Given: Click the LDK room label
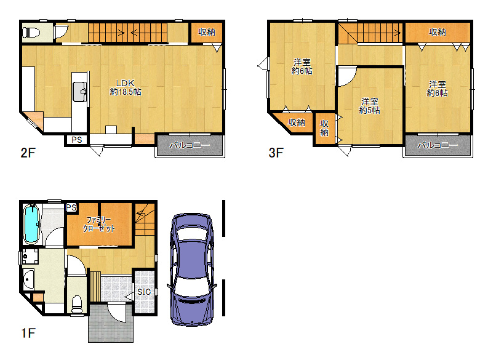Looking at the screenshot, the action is (x=126, y=87).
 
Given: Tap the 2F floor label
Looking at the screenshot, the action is (x=28, y=153).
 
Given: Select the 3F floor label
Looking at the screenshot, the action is (x=276, y=153).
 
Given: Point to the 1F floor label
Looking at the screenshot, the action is (x=28, y=333).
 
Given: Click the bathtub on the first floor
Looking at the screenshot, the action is (x=31, y=224).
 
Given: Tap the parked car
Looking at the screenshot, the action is (x=191, y=270).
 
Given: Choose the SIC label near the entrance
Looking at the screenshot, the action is (x=144, y=292).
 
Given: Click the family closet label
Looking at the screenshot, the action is (x=99, y=224).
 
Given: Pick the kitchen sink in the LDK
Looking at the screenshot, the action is (x=80, y=91).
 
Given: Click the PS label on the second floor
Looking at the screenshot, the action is (x=76, y=140).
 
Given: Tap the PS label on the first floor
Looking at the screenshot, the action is (x=71, y=207).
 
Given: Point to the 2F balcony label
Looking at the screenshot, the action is (x=190, y=145).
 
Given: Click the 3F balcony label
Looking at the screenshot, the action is (x=438, y=145).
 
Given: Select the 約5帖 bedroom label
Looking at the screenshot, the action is (x=369, y=106).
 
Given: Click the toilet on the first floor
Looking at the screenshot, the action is (x=76, y=304).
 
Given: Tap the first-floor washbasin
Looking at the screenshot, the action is (x=28, y=279).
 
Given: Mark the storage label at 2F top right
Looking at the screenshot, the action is (x=207, y=32).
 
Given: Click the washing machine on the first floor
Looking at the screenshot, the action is (x=30, y=257).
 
